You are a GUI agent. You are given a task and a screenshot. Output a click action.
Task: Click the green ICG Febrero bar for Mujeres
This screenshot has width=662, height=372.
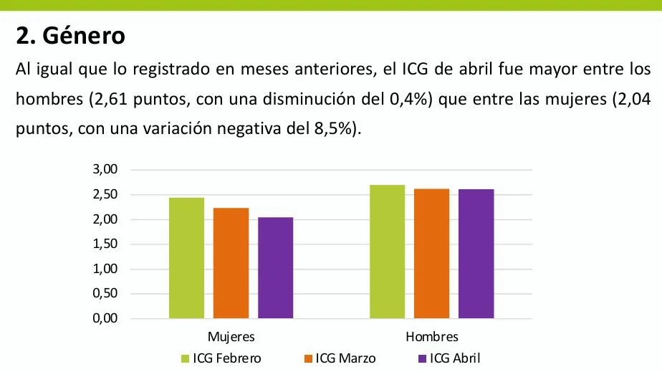pyautogui.click(x=186, y=258)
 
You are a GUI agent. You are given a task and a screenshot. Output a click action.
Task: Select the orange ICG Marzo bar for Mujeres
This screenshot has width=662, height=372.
pyautogui.click(x=231, y=263)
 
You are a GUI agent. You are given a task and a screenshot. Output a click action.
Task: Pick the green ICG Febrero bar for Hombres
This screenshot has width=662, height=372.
pyautogui.click(x=387, y=252)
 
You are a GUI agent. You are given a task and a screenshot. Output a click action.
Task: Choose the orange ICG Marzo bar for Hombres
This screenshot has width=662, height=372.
pyautogui.click(x=431, y=254)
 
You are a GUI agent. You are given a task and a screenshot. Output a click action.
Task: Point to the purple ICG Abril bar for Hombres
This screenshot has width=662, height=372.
pyautogui.click(x=476, y=254)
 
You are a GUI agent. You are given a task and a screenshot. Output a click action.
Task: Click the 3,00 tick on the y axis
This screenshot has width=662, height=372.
pyautogui.click(x=105, y=170)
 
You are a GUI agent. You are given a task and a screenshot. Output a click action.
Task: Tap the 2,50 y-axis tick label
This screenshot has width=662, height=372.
pyautogui.click(x=105, y=195)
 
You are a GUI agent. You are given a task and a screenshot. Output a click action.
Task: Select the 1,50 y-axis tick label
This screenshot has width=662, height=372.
pyautogui.click(x=105, y=244)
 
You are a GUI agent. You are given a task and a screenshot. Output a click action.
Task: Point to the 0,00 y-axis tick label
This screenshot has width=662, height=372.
pyautogui.click(x=105, y=319)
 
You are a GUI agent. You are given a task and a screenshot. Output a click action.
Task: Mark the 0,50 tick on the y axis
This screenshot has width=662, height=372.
pyautogui.click(x=105, y=294)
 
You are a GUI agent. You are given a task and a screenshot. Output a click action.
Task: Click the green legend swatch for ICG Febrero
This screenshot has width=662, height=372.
pyautogui.click(x=185, y=358)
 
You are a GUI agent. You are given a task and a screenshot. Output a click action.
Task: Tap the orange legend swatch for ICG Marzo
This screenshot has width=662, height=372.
pyautogui.click(x=309, y=358)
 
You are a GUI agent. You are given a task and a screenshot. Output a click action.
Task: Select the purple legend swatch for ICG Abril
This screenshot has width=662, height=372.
pyautogui.click(x=422, y=358)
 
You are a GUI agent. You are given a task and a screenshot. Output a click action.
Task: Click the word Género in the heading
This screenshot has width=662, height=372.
pyautogui.click(x=83, y=34)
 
